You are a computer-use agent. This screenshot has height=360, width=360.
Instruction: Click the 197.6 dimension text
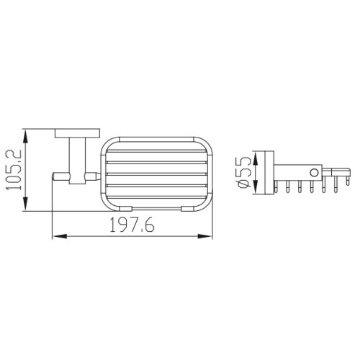tap(132, 225)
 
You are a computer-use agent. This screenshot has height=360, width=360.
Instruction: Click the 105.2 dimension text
tap(14, 170)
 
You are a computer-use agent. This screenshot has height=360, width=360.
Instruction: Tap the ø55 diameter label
tap(243, 171)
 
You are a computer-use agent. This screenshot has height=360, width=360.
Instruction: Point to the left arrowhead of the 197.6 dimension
tap(59, 236)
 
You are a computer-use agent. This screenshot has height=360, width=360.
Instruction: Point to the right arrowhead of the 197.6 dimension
tap(205, 236)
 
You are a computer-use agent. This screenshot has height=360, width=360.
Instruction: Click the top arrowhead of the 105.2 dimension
tap(25, 136)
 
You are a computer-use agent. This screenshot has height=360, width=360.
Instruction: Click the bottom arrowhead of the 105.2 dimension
tap(25, 204)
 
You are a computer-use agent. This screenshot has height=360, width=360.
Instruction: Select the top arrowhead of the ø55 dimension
tap(256, 158)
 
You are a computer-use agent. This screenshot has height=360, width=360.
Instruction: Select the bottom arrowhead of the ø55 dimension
tap(256, 187)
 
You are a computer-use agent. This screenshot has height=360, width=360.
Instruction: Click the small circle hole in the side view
tap(314, 173)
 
